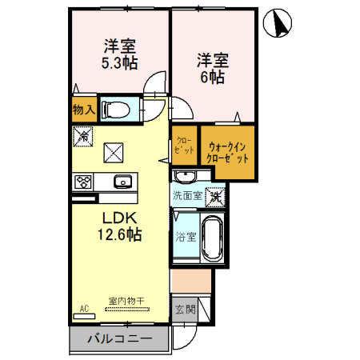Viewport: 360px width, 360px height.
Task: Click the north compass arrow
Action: coord(281,23)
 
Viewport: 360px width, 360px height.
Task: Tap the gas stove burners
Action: coord(84,182)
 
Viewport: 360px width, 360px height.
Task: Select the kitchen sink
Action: coord(123,180)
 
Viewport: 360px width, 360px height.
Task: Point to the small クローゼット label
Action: coord(183,145)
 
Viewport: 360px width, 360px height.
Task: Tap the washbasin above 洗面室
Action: coord(186,177)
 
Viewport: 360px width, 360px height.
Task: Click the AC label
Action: coord(84,307)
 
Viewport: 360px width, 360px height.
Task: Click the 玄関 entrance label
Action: coord(183,309)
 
